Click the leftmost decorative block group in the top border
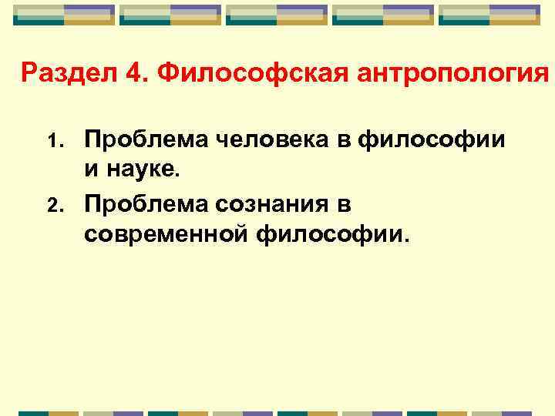tap(64, 15)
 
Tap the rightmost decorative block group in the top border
tap(490, 15)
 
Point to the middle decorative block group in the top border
tap(277, 15)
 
